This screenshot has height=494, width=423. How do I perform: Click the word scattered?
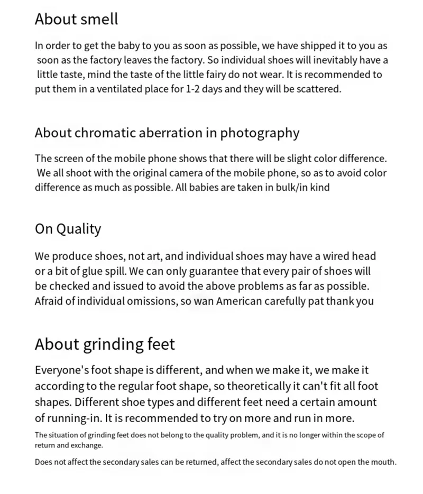pyautogui.click(x=318, y=89)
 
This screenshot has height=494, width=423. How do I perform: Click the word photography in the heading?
pyautogui.click(x=260, y=133)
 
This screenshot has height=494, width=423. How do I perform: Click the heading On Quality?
pyautogui.click(x=68, y=229)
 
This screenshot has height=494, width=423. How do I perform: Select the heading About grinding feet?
pyautogui.click(x=105, y=345)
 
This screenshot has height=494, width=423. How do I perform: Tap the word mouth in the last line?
pyautogui.click(x=383, y=462)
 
